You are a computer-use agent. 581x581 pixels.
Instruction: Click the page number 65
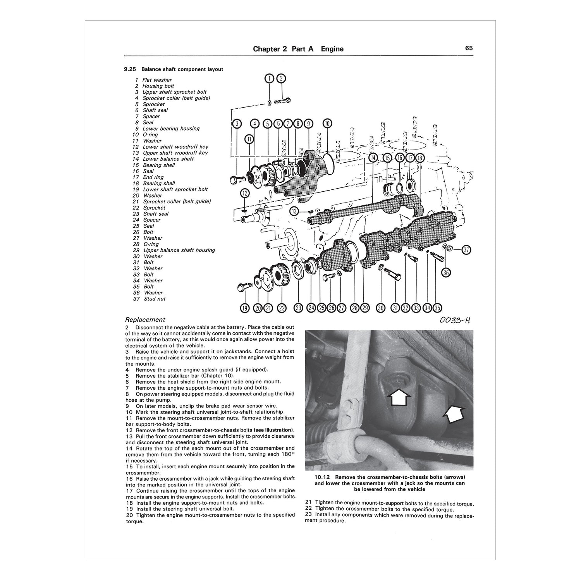tap(469, 48)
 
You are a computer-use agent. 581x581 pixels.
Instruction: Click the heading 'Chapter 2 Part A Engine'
tap(298, 49)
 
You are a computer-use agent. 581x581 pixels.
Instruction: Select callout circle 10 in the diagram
tap(327, 124)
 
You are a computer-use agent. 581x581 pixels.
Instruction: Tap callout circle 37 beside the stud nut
tap(466, 250)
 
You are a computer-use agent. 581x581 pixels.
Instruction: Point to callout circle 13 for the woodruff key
tap(295, 211)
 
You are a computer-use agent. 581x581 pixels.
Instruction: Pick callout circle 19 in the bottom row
tap(244, 308)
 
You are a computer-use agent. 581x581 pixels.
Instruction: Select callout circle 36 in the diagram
tap(446, 273)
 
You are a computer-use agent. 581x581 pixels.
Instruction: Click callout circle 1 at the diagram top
tap(269, 79)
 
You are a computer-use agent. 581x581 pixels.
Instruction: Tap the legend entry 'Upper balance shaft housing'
tap(179, 250)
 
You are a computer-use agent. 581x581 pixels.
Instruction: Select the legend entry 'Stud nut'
tap(154, 299)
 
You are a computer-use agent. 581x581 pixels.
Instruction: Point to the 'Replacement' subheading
tap(145, 320)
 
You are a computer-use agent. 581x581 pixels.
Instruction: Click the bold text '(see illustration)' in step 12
tap(273, 430)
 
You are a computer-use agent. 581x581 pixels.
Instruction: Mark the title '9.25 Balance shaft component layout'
tap(174, 69)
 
